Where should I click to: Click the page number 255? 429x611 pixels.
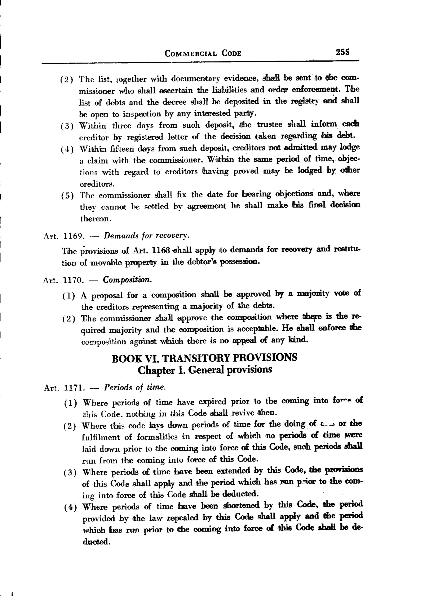(x=342, y=52)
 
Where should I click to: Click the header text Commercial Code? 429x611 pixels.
(x=203, y=53)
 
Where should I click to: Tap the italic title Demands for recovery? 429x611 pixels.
(x=146, y=236)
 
